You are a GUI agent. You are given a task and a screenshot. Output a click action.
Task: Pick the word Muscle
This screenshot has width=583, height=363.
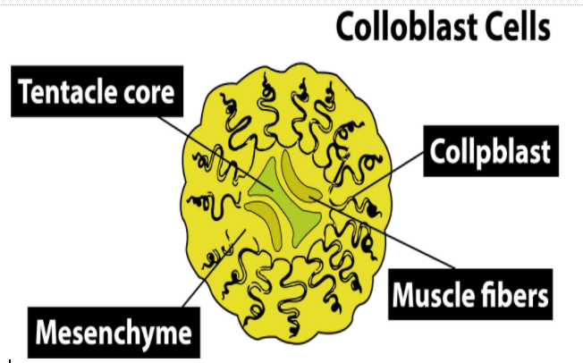435,293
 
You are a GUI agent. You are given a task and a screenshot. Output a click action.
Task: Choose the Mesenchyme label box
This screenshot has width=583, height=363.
113,333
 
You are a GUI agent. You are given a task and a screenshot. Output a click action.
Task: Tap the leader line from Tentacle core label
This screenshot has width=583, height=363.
224,143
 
